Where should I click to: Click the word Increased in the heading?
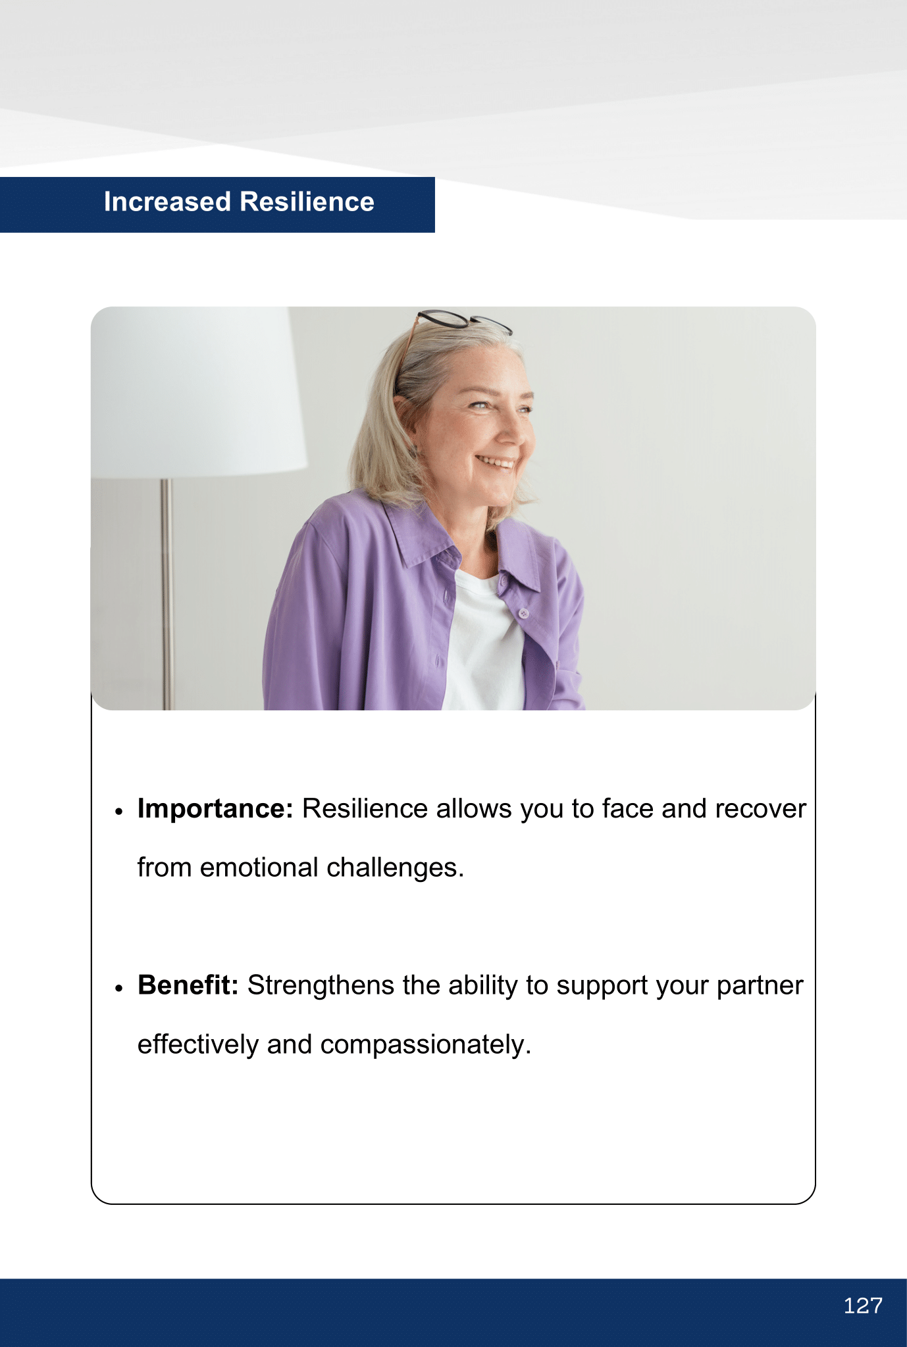click(167, 202)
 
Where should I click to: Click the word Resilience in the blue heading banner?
click(307, 202)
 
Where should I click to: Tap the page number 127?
click(863, 1306)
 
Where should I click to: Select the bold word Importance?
click(215, 809)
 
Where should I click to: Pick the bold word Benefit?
click(188, 985)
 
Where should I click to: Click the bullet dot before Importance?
click(119, 812)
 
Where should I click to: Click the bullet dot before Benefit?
click(119, 989)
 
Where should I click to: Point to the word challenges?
click(396, 868)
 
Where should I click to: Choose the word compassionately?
click(426, 1045)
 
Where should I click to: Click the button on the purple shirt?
click(524, 614)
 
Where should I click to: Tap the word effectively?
click(198, 1045)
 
